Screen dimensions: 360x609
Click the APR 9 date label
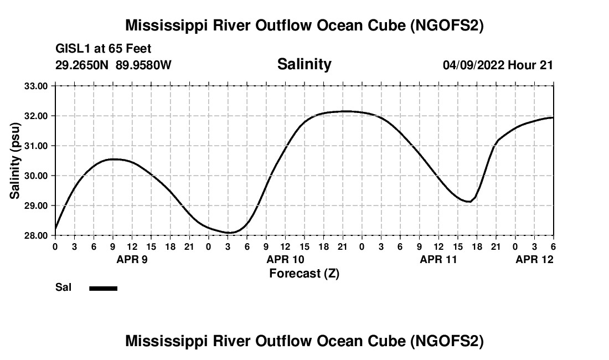(x=132, y=259)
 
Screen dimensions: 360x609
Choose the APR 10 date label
(x=285, y=259)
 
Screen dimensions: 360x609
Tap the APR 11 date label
(x=438, y=259)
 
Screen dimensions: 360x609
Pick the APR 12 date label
(x=534, y=259)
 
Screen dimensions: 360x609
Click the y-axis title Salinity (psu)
(x=16, y=161)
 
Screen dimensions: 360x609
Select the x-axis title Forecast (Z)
(x=304, y=273)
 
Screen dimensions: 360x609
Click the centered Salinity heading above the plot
(x=304, y=64)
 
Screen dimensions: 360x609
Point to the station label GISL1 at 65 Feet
(x=104, y=49)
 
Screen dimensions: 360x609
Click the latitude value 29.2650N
(x=82, y=65)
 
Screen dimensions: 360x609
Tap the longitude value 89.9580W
(x=143, y=65)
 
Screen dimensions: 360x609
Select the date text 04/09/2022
(x=473, y=65)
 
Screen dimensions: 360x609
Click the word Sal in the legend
(x=63, y=287)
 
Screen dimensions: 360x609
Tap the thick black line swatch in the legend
(x=103, y=288)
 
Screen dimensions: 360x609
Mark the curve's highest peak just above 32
(x=344, y=111)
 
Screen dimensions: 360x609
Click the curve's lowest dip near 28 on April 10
(x=230, y=233)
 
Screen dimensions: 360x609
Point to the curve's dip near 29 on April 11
(x=469, y=202)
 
